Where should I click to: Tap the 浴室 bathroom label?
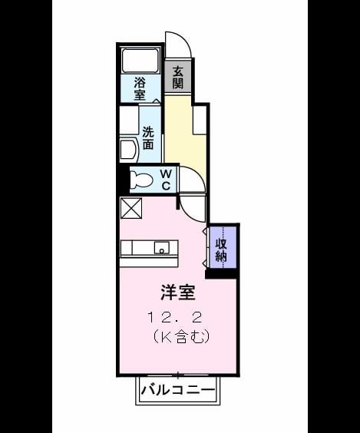(x=140, y=89)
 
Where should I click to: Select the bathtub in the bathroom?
(x=140, y=61)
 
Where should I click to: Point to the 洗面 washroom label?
(x=148, y=137)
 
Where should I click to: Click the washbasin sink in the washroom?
(x=129, y=150)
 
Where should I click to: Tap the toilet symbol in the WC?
(x=141, y=180)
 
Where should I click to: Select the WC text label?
(x=166, y=180)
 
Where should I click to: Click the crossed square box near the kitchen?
(x=131, y=208)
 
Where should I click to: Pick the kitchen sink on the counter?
(x=161, y=248)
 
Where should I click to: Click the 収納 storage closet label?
(x=221, y=250)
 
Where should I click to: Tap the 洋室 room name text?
(x=178, y=293)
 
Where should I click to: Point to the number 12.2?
(x=175, y=318)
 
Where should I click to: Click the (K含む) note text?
(x=181, y=336)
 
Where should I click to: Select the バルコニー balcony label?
(x=178, y=390)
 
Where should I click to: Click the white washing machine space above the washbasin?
(x=129, y=120)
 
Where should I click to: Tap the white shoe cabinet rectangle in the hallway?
(x=200, y=120)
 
